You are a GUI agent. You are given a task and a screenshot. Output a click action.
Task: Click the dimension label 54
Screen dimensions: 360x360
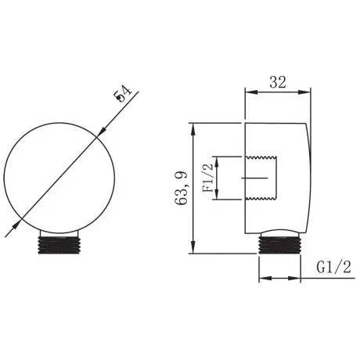click(x=122, y=94)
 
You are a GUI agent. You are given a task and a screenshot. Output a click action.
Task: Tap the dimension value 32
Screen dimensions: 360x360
click(x=278, y=82)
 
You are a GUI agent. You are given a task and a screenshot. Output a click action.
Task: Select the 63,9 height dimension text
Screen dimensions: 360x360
click(x=182, y=188)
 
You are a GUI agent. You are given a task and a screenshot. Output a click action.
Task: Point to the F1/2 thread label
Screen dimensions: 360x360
click(x=207, y=178)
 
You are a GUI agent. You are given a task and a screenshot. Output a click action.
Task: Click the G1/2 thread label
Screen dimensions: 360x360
click(x=334, y=267)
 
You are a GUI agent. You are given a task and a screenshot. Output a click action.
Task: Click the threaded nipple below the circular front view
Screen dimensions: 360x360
click(x=59, y=245)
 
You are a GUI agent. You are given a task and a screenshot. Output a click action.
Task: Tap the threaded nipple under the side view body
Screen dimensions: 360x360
click(x=279, y=245)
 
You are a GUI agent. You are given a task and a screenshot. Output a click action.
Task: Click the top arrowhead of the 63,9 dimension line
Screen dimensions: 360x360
click(x=193, y=129)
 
